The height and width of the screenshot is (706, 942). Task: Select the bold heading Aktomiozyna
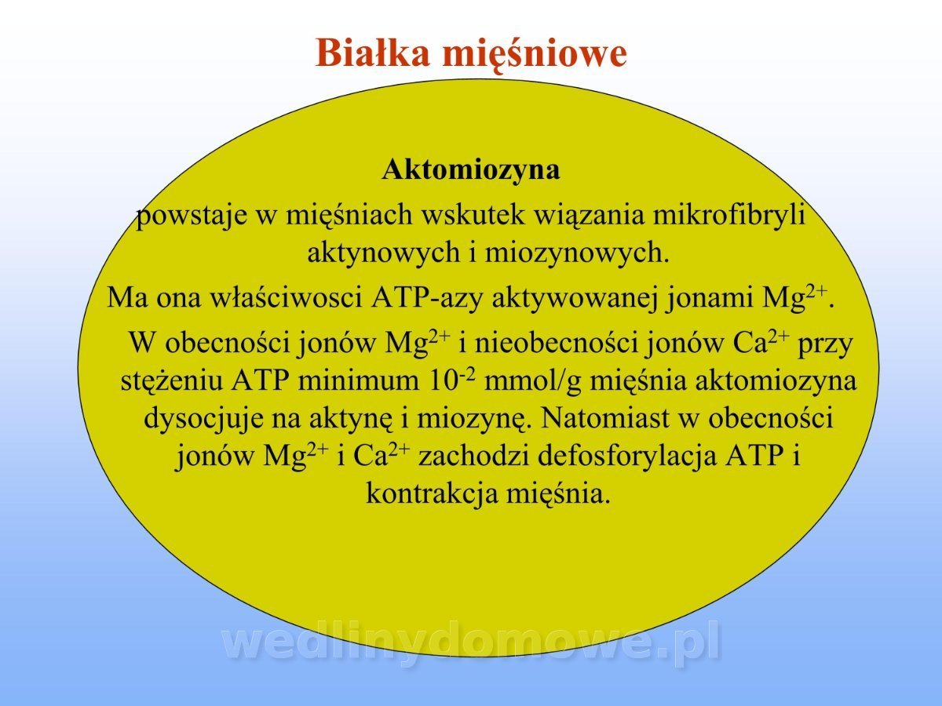pyautogui.click(x=471, y=169)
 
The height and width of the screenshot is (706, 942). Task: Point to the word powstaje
pyautogui.click(x=192, y=216)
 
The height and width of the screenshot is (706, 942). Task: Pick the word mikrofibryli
pyautogui.click(x=728, y=215)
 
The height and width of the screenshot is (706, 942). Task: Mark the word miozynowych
pyautogui.click(x=577, y=253)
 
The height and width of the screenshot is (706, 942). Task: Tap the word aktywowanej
pyautogui.click(x=575, y=298)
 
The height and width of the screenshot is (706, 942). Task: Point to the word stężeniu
pyautogui.click(x=171, y=380)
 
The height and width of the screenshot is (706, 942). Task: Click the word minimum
pyautogui.click(x=359, y=380)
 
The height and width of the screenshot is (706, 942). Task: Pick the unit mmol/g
pyautogui.click(x=532, y=381)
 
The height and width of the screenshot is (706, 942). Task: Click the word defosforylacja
pyautogui.click(x=627, y=456)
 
